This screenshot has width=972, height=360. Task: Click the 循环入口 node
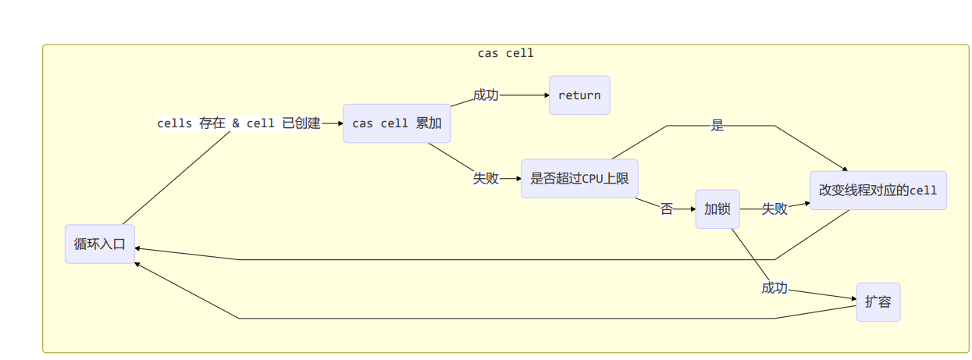pyautogui.click(x=100, y=244)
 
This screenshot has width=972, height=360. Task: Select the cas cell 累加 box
pyautogui.click(x=397, y=123)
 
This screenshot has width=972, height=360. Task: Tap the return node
pyautogui.click(x=579, y=95)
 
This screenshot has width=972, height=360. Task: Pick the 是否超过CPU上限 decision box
pyautogui.click(x=579, y=178)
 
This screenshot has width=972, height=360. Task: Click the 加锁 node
pyautogui.click(x=717, y=209)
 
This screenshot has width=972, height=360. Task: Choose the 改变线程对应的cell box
pyautogui.click(x=878, y=191)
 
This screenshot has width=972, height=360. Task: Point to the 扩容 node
pyautogui.click(x=878, y=302)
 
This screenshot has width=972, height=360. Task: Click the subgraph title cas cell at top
pyautogui.click(x=505, y=53)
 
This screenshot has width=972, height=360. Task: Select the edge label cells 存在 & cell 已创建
pyautogui.click(x=239, y=123)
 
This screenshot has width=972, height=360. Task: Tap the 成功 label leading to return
pyautogui.click(x=485, y=95)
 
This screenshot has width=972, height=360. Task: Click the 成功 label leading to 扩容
pyautogui.click(x=774, y=288)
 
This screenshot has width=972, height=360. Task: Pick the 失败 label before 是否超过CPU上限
pyautogui.click(x=485, y=178)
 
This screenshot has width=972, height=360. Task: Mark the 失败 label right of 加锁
pyautogui.click(x=774, y=209)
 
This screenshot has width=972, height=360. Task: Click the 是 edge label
pyautogui.click(x=717, y=126)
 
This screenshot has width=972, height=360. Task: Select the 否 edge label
pyautogui.click(x=666, y=209)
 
